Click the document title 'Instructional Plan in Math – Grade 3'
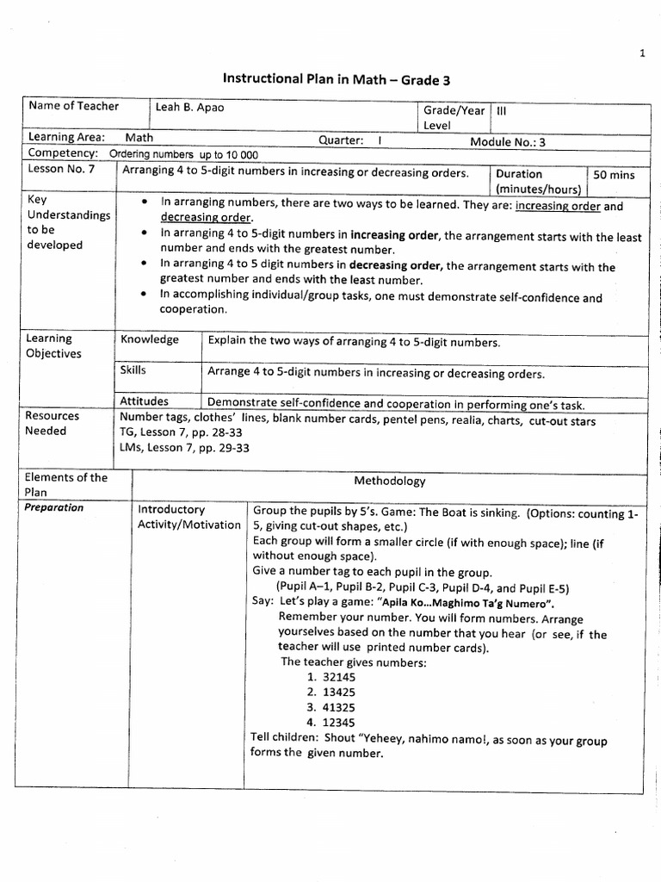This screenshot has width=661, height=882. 337,80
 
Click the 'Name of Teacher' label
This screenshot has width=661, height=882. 73,107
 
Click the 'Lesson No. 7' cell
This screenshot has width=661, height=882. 61,170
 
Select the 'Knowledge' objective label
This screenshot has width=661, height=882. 150,339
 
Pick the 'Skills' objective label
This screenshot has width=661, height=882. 133,370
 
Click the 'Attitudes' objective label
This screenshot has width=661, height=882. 145,401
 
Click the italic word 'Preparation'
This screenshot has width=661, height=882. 54,507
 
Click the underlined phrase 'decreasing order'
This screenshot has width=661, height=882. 206,219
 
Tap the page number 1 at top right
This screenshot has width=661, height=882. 642,53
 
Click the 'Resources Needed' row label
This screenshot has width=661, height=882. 52,423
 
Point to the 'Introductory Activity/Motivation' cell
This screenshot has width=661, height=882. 188,517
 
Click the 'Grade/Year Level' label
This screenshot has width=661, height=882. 454,118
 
